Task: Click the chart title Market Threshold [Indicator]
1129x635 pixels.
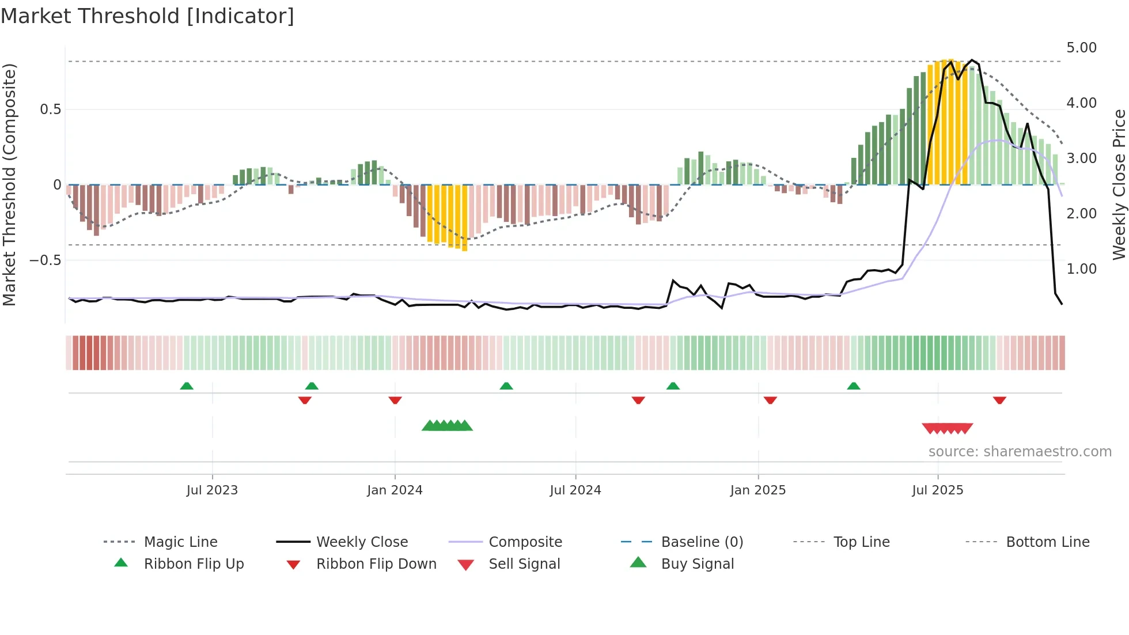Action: [147, 16]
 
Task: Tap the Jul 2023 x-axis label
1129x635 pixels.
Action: [212, 490]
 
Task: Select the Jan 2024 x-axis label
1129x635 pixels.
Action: [395, 490]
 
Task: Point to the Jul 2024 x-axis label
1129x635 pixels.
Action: [575, 490]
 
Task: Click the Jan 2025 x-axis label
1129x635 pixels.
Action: [757, 490]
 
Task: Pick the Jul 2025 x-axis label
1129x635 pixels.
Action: [937, 490]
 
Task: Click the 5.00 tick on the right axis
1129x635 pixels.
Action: [1081, 48]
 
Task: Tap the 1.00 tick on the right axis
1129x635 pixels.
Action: [1081, 269]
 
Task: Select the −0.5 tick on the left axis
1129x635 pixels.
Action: [46, 260]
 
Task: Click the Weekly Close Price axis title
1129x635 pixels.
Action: [1118, 184]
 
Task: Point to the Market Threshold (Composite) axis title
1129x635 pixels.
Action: [9, 184]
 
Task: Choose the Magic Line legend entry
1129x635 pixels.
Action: [180, 542]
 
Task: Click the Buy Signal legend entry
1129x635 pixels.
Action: [697, 564]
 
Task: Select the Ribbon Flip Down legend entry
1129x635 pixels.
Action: [376, 564]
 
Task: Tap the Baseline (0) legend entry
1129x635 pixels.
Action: [702, 542]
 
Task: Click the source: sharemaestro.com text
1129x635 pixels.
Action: [1020, 451]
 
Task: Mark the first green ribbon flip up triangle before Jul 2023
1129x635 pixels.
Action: [187, 386]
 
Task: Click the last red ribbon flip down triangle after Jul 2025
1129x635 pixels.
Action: [999, 400]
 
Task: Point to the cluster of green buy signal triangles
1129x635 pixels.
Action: [447, 426]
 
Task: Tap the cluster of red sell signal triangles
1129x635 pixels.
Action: [948, 428]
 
